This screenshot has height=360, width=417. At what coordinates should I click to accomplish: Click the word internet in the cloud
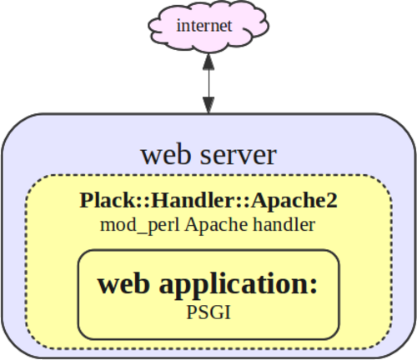click(x=204, y=26)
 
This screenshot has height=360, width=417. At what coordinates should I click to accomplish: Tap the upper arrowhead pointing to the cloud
click(x=208, y=62)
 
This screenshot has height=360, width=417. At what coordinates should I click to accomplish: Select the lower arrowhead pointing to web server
click(x=208, y=105)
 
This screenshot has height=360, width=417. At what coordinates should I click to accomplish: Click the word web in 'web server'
click(x=166, y=155)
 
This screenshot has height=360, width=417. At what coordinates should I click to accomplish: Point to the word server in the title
click(x=239, y=156)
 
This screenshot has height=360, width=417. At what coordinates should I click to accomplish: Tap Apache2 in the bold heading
click(x=294, y=200)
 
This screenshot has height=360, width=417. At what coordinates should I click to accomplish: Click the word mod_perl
click(x=139, y=225)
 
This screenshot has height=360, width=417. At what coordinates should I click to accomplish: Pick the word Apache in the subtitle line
click(x=216, y=225)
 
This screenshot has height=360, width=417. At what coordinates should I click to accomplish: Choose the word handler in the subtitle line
click(x=284, y=225)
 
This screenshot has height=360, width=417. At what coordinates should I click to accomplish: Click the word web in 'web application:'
click(x=123, y=284)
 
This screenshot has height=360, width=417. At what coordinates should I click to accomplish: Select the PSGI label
click(x=208, y=312)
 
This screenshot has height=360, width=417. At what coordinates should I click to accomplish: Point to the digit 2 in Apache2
click(x=332, y=200)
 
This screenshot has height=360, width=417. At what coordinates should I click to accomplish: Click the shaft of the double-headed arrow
click(x=208, y=83)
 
